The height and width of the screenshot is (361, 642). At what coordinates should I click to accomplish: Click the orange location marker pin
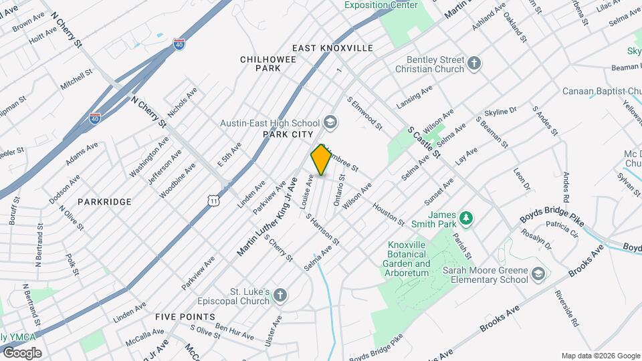point(320,160)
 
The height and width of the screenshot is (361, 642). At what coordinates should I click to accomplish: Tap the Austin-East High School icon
point(330,122)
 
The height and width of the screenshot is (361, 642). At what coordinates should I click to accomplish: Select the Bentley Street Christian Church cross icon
point(474,64)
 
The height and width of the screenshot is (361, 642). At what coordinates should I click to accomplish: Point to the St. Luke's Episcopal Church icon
point(280,295)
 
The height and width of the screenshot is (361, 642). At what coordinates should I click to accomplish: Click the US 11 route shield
point(213,200)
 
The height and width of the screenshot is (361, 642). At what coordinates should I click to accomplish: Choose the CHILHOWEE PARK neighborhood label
point(260,64)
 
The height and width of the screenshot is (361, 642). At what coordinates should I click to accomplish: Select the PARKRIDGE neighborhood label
point(104,201)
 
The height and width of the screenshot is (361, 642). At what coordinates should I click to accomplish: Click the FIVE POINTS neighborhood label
point(185,316)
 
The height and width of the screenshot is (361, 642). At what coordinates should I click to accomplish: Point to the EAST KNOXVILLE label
point(332,48)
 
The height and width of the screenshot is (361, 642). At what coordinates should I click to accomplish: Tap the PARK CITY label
point(284,134)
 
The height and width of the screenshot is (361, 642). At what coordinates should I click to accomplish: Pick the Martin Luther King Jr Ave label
point(267,217)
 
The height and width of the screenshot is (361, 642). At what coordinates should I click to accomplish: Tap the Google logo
point(22,352)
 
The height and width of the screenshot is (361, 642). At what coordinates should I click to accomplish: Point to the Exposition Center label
point(381,5)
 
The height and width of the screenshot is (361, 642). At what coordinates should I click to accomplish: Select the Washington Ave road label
point(149,157)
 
